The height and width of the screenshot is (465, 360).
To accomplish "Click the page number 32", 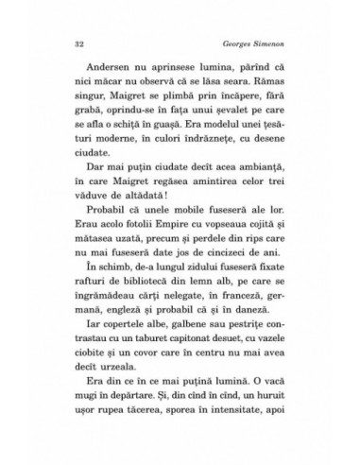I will click(77, 43).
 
